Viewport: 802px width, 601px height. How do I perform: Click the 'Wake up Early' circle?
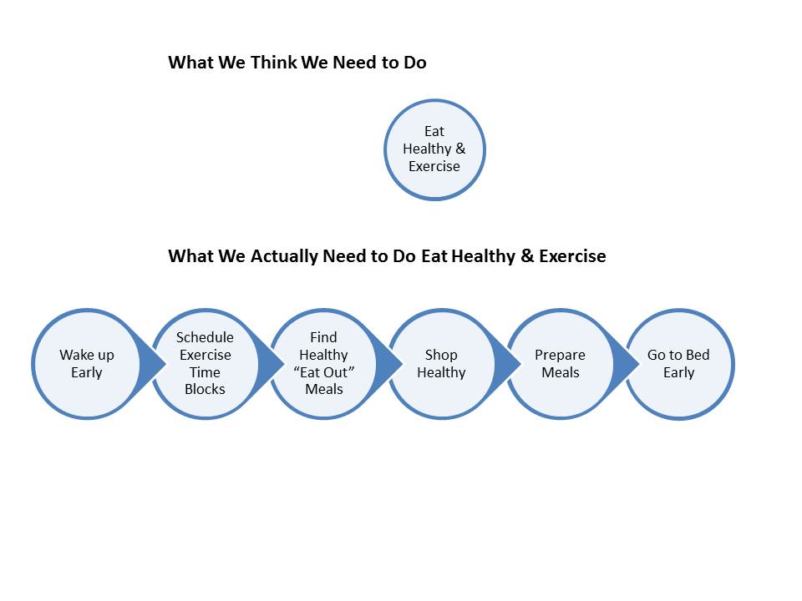86,364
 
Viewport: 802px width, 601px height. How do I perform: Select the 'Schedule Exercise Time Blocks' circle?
206,364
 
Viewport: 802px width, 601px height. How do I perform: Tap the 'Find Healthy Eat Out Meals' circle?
324,364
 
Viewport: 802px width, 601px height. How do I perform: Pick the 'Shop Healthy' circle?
442,364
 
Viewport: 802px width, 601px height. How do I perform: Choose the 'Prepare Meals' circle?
561,364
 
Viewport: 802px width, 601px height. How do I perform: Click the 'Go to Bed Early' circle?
679,364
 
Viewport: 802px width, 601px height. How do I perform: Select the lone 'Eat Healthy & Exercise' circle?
434,149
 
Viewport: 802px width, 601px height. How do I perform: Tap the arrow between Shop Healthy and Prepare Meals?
508,364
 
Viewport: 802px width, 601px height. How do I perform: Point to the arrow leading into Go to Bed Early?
627,364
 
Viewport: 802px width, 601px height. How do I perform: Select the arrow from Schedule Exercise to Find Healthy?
271,364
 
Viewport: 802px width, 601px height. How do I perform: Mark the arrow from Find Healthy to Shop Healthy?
389,364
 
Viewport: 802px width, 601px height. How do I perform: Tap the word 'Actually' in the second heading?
284,256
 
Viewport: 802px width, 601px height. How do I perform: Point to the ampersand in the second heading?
527,255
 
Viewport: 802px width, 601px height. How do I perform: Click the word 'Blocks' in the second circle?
205,389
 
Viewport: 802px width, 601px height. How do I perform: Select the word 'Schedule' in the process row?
205,337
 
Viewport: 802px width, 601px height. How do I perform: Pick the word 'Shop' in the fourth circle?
441,356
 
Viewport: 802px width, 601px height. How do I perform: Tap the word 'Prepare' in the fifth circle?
560,356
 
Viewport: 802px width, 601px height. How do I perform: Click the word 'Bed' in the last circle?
698,355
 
